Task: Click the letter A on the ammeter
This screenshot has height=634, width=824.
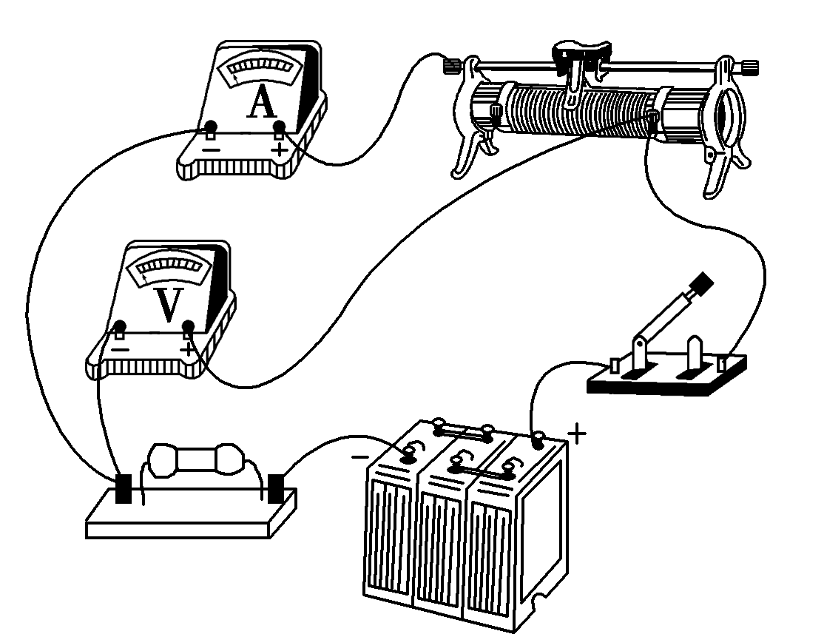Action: click(262, 103)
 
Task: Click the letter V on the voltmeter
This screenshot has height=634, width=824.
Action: click(169, 306)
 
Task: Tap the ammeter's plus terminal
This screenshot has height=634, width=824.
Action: click(279, 131)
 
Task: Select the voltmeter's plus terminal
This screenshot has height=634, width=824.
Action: click(189, 326)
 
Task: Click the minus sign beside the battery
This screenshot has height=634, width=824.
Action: click(359, 456)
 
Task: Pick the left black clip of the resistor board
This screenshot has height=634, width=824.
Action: click(124, 489)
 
